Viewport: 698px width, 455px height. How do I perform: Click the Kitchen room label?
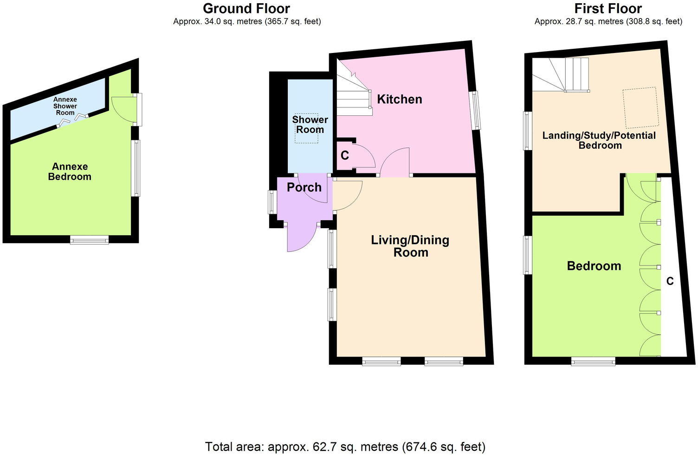point(399,99)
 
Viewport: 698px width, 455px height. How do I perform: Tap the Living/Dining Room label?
point(410,246)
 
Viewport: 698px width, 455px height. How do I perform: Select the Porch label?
point(304,187)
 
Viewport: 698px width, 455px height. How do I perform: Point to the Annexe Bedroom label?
point(70,171)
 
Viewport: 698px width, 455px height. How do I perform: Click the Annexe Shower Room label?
point(65,106)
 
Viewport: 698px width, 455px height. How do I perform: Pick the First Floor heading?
point(608,8)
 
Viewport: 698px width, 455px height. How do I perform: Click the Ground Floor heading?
point(246,8)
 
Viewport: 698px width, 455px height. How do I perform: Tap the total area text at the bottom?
point(345,447)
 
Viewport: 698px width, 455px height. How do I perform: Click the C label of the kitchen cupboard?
point(344,155)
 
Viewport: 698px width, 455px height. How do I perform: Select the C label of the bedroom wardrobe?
point(670,281)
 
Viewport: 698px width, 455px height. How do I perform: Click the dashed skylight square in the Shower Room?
point(306,128)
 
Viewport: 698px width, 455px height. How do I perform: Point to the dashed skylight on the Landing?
point(641,107)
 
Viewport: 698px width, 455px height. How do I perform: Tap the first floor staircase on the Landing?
point(561,74)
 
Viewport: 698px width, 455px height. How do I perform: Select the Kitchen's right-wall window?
point(476,110)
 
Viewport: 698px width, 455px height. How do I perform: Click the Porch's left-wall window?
point(272,203)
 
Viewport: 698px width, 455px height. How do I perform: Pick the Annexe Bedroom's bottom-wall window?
point(90,240)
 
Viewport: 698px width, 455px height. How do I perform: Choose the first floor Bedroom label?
point(594,266)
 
